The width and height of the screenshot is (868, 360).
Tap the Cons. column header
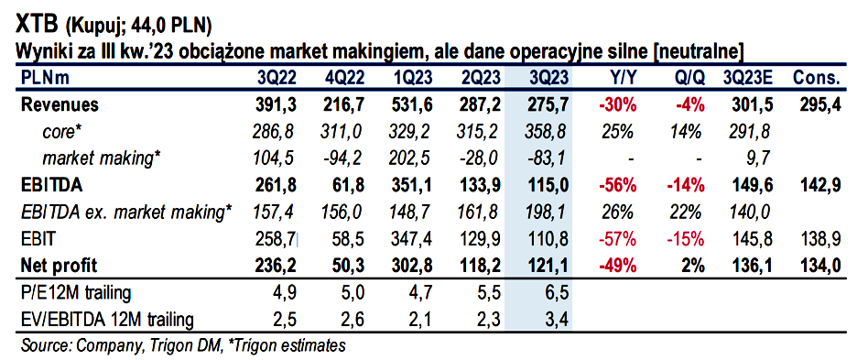817,78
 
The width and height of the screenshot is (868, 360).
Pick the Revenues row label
60,104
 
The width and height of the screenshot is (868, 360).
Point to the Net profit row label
59,266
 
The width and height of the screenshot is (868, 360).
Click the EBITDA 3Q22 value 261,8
274,186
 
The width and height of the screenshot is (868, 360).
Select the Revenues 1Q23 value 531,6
411,104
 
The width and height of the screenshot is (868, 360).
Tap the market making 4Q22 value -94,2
342,159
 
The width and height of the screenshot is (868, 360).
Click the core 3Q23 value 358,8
547,132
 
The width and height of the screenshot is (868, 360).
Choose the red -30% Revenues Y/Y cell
617,104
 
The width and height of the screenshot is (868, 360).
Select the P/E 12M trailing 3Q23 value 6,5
557,293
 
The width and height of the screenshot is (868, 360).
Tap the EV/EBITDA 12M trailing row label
107,320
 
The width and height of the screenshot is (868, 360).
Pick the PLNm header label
45,78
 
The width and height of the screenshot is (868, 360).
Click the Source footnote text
183,345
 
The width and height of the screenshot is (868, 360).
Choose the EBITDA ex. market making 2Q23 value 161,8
478,213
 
